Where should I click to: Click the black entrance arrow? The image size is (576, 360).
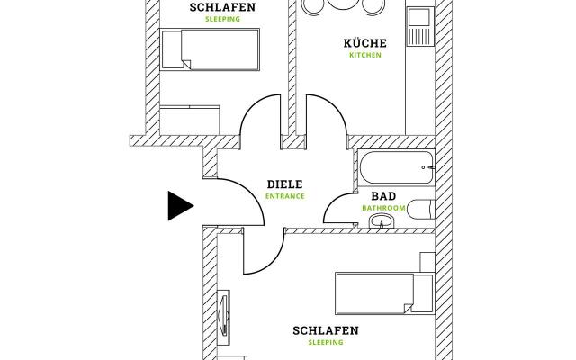coord(179,206)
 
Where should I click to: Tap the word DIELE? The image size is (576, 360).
coord(284,184)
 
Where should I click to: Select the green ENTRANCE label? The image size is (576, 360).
coord(284,196)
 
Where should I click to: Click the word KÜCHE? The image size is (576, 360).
coord(365,42)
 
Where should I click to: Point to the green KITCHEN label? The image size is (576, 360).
coord(365,55)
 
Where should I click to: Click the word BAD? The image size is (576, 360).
coord(383,195)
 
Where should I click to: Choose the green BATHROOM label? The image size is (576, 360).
coord(383,208)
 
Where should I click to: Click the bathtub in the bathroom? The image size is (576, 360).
coord(397,167)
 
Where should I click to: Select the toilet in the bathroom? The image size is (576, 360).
coord(419,207)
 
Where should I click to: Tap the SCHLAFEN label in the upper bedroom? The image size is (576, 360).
coord(222,7)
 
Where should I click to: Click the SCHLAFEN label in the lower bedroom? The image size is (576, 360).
coord(326,330)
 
